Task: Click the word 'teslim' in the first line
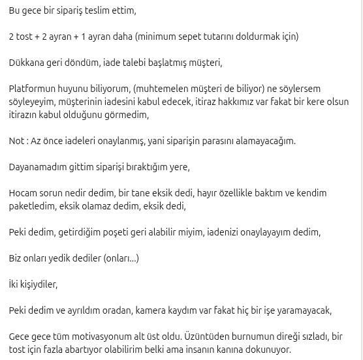pos(97,10)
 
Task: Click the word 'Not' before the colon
pos(16,141)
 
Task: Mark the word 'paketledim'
pos(31,206)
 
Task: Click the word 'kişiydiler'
pos(38,284)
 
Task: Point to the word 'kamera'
pos(151,310)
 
